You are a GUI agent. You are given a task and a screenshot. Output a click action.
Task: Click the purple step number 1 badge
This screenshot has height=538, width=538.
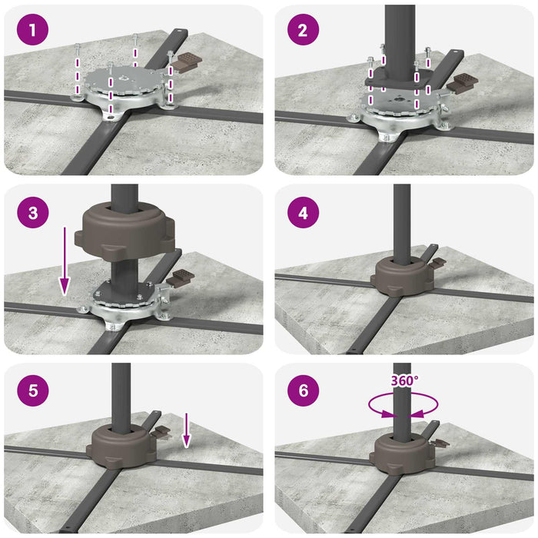(x=32, y=29)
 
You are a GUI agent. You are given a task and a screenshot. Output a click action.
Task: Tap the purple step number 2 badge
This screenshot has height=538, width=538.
(x=303, y=29)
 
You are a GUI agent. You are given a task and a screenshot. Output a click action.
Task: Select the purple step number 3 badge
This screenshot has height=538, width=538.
(x=32, y=212)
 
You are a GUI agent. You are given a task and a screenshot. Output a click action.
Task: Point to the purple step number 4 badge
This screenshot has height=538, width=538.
(x=303, y=213)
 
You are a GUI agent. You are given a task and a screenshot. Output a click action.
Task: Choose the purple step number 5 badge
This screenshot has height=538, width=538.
(x=32, y=390)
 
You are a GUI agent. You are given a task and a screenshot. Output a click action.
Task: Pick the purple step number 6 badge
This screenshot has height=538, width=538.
(x=303, y=390)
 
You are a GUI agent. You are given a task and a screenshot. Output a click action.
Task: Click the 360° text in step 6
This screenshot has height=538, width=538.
(x=405, y=380)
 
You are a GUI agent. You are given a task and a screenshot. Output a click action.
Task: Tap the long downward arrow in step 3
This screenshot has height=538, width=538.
(x=65, y=261)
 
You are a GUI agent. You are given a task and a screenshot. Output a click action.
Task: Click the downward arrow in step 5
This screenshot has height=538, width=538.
(x=186, y=430)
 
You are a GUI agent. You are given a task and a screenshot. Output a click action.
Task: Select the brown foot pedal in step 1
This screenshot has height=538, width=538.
(x=187, y=61)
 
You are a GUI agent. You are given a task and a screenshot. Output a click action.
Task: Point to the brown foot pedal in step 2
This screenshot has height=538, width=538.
(x=462, y=83)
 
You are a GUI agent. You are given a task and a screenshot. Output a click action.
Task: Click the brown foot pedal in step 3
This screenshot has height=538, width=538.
(x=181, y=277)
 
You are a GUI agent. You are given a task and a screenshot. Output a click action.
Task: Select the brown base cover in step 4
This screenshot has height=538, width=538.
(x=403, y=277)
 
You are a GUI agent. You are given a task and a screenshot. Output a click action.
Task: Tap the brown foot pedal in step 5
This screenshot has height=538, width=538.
(x=160, y=431)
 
